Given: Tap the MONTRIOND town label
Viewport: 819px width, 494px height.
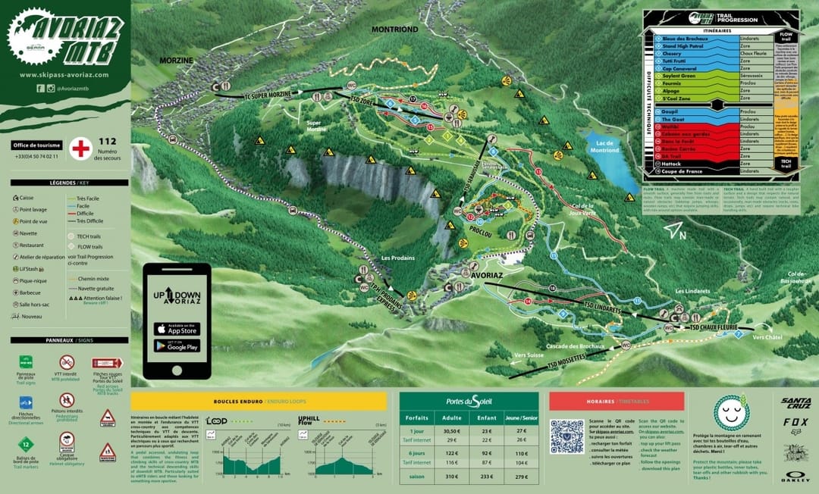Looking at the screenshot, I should click(394, 29).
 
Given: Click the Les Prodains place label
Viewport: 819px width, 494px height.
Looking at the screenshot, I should click(398, 258).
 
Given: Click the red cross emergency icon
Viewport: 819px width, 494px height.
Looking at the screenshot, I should click(80, 149).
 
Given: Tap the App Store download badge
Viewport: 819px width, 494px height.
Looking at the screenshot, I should click(177, 328).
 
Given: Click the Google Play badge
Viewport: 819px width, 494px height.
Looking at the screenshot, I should click(177, 345).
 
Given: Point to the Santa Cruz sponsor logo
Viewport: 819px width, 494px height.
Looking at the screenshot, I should click(796, 402).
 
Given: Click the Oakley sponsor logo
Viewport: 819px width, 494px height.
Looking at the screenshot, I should click(796, 478).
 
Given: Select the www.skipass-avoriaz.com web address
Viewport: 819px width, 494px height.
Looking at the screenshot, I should click(64, 75).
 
